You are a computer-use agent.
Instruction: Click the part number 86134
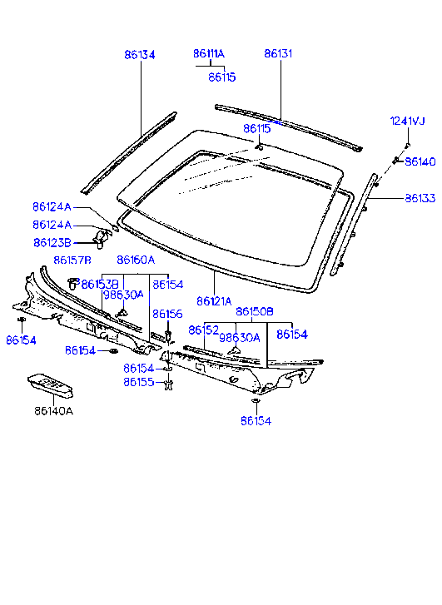(x=140, y=55)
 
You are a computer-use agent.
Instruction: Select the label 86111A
(x=209, y=53)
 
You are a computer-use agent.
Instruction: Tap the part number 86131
(x=278, y=53)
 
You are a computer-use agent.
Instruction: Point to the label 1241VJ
(x=408, y=121)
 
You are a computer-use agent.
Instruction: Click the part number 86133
(x=420, y=198)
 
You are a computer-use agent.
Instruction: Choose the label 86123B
(x=52, y=243)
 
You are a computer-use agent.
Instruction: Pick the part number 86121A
(x=214, y=301)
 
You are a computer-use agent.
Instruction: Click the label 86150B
(x=255, y=311)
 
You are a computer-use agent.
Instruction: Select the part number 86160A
(x=136, y=260)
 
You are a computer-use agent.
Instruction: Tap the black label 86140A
(x=53, y=411)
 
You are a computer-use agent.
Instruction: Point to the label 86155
(x=139, y=382)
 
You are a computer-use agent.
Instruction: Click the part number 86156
(x=167, y=314)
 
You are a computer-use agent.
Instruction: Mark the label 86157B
(x=72, y=260)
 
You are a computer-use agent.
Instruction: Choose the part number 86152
(x=204, y=330)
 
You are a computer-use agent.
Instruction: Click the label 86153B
(x=100, y=285)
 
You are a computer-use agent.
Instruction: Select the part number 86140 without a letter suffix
(x=420, y=161)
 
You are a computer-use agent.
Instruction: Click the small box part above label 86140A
(x=51, y=385)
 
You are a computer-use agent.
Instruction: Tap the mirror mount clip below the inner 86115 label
(x=259, y=146)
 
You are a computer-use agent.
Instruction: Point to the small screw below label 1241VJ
(x=408, y=145)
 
